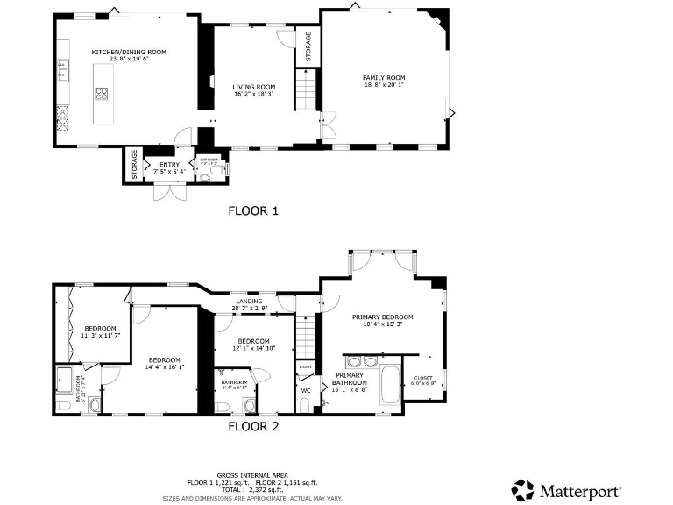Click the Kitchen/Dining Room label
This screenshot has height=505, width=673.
(129, 53)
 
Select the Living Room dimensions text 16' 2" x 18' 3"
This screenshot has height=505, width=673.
(253, 94)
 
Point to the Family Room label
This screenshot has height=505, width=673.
(384, 78)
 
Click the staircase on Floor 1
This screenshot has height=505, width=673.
(306, 91)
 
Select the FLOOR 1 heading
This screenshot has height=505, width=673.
(252, 210)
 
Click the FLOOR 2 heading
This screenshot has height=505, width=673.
(253, 427)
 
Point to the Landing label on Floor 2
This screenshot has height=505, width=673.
(248, 302)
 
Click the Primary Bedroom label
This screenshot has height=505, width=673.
(382, 317)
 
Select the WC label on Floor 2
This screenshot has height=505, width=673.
(306, 390)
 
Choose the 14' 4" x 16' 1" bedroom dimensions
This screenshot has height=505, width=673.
(164, 366)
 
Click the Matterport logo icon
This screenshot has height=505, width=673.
(523, 489)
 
